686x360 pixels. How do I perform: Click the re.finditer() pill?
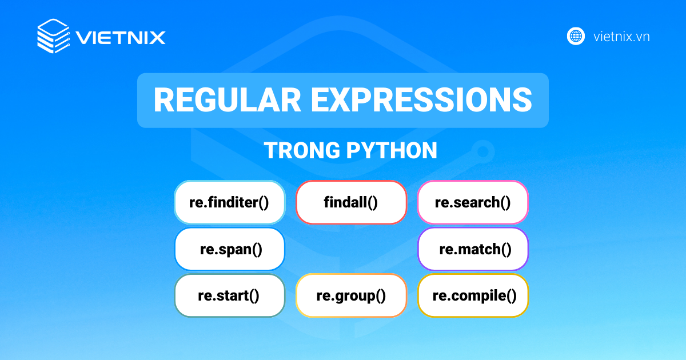tap(230, 202)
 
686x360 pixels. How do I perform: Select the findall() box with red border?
tap(351, 202)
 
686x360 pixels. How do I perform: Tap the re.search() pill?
tap(473, 202)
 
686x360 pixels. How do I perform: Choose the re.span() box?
tap(230, 249)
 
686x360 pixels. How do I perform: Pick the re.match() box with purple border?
tap(473, 249)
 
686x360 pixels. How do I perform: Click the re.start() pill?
tap(230, 295)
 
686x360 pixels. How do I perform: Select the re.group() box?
tap(351, 295)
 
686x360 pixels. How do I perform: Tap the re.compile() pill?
tap(473, 295)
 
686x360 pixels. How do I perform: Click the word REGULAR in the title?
tap(228, 100)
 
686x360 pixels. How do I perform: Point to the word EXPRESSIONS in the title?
tap(422, 100)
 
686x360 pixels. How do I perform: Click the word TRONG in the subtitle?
tap(302, 151)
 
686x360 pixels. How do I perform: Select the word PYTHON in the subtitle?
tap(392, 151)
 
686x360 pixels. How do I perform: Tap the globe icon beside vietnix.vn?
tap(576, 37)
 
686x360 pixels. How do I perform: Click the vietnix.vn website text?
tap(622, 37)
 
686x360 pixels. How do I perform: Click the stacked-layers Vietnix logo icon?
tap(54, 36)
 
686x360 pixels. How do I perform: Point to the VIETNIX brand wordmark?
tap(121, 38)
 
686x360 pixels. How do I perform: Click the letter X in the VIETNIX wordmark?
tap(156, 38)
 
